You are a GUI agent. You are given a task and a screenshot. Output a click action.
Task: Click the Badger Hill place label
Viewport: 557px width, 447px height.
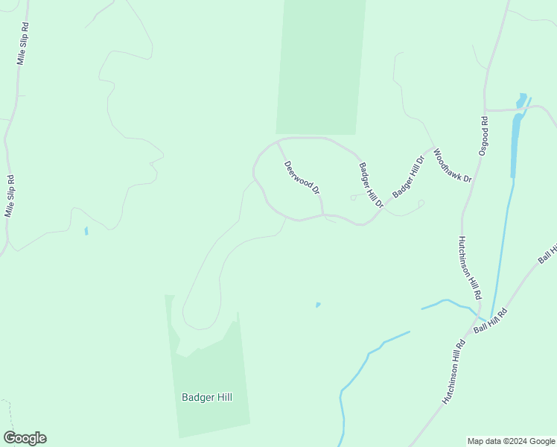pyautogui.click(x=206, y=397)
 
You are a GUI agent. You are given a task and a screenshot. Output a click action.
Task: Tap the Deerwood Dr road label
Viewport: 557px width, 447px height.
pyautogui.click(x=302, y=178)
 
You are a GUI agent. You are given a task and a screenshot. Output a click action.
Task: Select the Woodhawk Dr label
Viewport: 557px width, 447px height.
pyautogui.click(x=452, y=165)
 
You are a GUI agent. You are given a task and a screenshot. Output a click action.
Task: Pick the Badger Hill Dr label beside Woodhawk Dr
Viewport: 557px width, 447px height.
pyautogui.click(x=408, y=176)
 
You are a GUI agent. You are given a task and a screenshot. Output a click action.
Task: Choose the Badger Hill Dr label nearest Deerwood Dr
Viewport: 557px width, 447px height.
pyautogui.click(x=371, y=185)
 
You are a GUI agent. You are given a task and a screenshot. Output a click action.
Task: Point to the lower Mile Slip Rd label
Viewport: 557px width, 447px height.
pyautogui.click(x=10, y=196)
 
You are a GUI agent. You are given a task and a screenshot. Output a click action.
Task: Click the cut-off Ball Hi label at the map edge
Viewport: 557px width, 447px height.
pyautogui.click(x=547, y=253)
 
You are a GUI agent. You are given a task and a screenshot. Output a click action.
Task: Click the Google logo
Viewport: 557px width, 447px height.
pyautogui.click(x=25, y=438)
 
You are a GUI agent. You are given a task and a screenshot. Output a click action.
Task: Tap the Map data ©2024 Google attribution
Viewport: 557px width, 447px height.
pyautogui.click(x=512, y=441)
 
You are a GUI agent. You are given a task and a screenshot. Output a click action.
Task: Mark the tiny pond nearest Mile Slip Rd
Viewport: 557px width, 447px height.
pyautogui.click(x=86, y=231)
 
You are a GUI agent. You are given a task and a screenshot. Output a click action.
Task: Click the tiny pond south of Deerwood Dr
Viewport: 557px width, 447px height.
pyautogui.click(x=318, y=305)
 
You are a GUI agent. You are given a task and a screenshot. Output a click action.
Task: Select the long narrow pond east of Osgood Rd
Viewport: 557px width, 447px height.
pyautogui.click(x=515, y=142)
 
